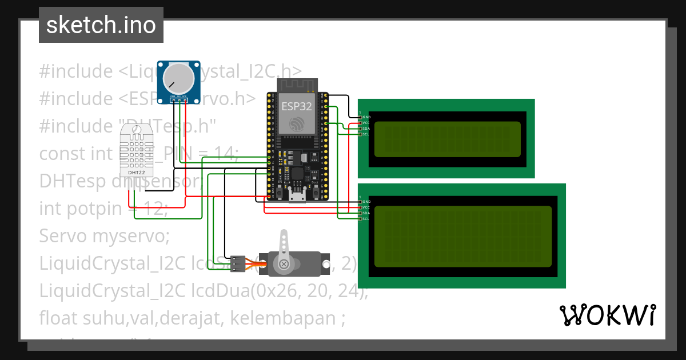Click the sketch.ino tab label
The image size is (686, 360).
coord(101,25)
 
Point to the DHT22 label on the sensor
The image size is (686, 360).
coord(136,172)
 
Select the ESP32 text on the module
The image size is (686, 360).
coord(296,106)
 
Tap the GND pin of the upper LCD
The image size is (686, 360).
coord(360,117)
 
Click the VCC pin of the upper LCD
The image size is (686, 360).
coord(360,123)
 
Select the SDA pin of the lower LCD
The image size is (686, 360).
coord(360,213)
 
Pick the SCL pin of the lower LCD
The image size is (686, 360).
coord(360,219)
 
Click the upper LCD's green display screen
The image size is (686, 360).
coord(447,139)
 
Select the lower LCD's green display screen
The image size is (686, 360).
coord(462,237)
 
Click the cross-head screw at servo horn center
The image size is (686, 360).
coord(284,264)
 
